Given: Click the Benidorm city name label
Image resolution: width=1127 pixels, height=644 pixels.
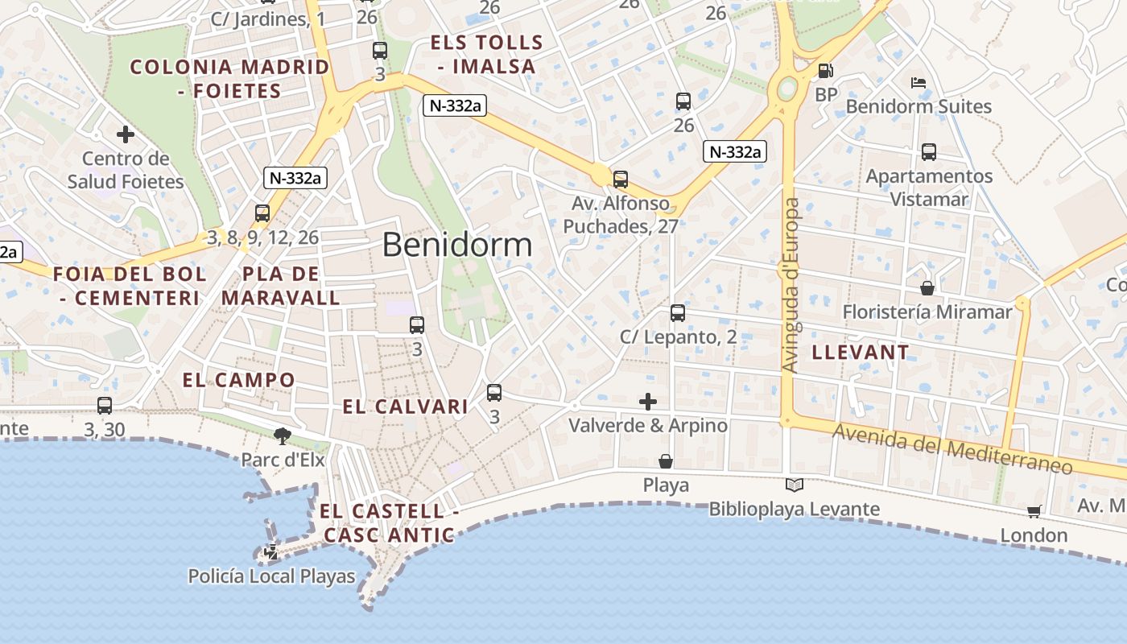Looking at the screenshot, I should click(457, 245).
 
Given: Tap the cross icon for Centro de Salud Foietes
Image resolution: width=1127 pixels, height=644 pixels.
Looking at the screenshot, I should click(125, 134).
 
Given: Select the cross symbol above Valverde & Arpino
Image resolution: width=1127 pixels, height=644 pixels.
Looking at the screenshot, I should click(648, 401).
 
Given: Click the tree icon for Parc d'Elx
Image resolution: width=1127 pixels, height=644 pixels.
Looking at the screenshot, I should click(282, 436).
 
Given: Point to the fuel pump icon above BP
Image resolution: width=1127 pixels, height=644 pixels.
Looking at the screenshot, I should click(825, 71).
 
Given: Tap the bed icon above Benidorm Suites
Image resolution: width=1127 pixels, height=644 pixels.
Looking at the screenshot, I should click(919, 82).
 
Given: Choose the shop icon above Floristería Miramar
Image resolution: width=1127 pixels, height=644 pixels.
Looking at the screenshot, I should click(927, 287).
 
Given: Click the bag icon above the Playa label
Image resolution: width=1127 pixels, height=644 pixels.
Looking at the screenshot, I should click(666, 461).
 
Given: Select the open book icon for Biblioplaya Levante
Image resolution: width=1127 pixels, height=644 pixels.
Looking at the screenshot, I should click(795, 485).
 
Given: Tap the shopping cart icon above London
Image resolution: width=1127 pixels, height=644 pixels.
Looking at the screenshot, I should click(1034, 511).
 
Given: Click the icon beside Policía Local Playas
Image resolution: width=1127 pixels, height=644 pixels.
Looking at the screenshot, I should click(271, 552).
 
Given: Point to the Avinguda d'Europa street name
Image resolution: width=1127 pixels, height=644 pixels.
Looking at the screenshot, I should click(791, 286).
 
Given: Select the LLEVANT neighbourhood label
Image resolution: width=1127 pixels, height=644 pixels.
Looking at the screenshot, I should click(861, 352).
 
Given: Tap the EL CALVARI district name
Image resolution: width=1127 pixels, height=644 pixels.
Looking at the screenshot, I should click(406, 407).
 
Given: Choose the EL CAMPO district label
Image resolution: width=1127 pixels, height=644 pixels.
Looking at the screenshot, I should click(239, 380).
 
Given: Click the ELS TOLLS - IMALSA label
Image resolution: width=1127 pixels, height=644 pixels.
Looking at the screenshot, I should click(487, 54).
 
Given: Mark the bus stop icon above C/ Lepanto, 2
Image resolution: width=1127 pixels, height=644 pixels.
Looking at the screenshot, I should click(678, 312).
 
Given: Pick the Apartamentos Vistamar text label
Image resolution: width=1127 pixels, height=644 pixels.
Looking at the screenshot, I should click(930, 187).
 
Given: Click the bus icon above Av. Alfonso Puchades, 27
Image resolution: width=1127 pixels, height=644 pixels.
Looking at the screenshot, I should click(621, 179).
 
